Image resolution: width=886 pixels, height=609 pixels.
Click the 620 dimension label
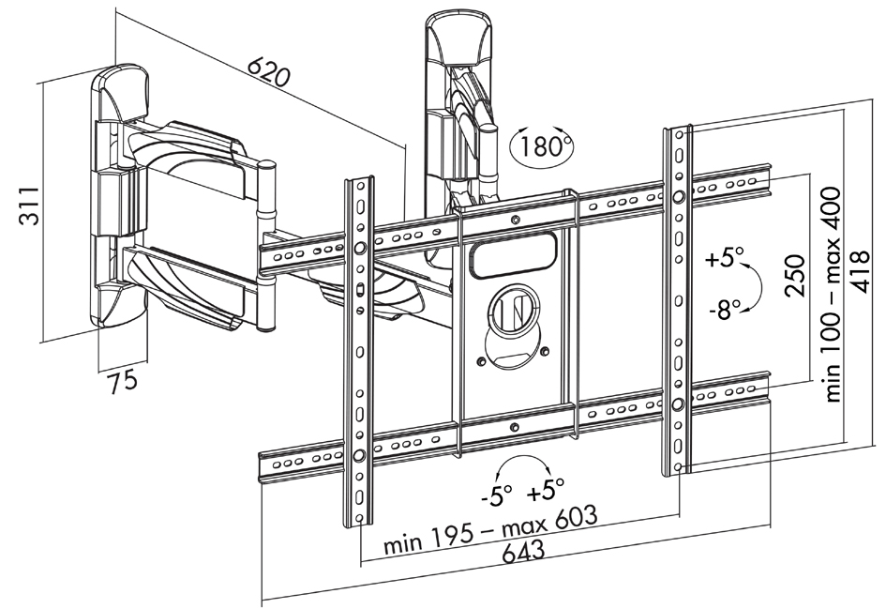pos(269,69)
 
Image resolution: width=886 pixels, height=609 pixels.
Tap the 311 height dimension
pos(29,205)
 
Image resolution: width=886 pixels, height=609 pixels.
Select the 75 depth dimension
pos(122,380)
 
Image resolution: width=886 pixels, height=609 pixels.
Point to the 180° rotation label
pos(543,146)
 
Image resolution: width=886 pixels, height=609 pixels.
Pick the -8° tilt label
pos(725,309)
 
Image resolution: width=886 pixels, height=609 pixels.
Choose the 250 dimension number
pos(795,275)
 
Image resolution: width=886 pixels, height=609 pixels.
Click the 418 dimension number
pos(860,271)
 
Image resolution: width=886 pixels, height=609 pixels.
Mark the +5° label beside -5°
pos(546,490)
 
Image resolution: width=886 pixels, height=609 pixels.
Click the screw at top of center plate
pos(515,220)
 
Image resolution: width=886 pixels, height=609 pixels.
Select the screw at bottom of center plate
pos(514,428)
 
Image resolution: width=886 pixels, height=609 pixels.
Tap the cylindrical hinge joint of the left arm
pos(265,246)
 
